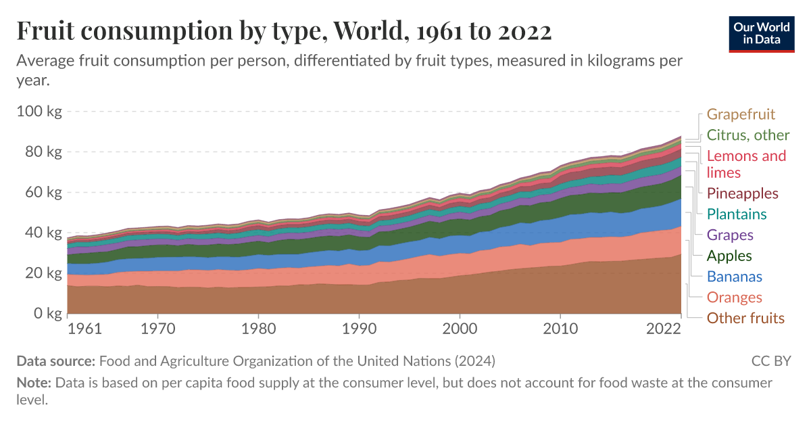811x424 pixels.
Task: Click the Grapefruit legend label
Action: (741, 114)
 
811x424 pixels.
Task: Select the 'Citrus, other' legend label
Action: (747, 135)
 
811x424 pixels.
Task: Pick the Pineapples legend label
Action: (742, 193)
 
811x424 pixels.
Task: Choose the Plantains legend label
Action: (737, 214)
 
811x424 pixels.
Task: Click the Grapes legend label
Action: (729, 235)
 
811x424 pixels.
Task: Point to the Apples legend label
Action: (729, 256)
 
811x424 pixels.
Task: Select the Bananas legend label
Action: (734, 277)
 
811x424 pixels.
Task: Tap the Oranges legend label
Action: (734, 298)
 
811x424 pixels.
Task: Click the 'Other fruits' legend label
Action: (745, 319)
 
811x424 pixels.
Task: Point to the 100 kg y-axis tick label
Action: (39, 112)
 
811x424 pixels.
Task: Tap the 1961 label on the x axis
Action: (85, 329)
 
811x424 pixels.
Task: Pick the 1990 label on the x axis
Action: (359, 329)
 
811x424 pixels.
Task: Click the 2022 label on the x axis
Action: (663, 329)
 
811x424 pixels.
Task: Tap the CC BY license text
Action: (770, 360)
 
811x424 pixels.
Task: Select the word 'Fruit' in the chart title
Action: (45, 32)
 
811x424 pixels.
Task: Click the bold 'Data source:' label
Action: (56, 360)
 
